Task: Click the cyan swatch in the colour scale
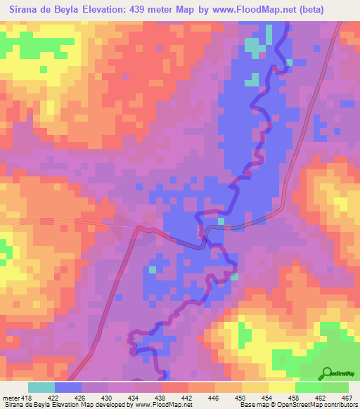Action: tap(41, 387)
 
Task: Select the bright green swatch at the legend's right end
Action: tap(335, 387)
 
